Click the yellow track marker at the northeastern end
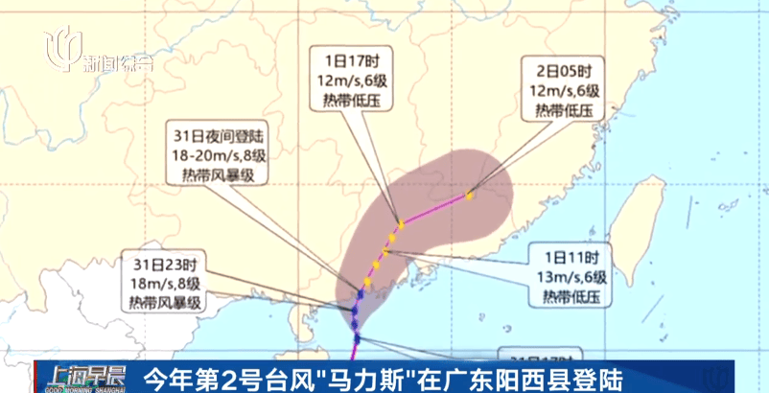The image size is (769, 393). pos(469,196)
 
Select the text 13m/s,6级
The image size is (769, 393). pos(573,277)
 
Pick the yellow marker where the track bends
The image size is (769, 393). pos(402,222)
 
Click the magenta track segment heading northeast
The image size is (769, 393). pos(435,209)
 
